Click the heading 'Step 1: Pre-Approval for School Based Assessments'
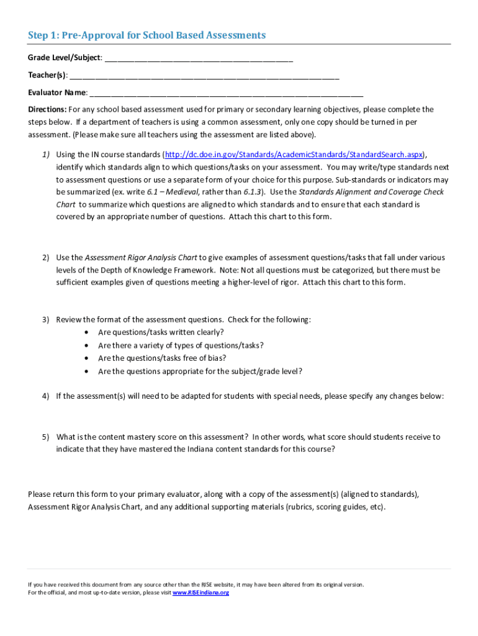click(147, 35)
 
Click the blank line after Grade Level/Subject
click(199, 59)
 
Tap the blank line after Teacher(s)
click(204, 76)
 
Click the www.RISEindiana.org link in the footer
click(201, 593)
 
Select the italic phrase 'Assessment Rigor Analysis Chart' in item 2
click(141, 258)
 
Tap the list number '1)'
click(46, 155)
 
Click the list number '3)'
click(46, 320)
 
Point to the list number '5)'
click(46, 437)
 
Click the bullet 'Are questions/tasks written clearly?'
click(161, 332)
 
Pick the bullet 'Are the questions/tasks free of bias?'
click(162, 358)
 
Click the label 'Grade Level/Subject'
click(63, 58)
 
